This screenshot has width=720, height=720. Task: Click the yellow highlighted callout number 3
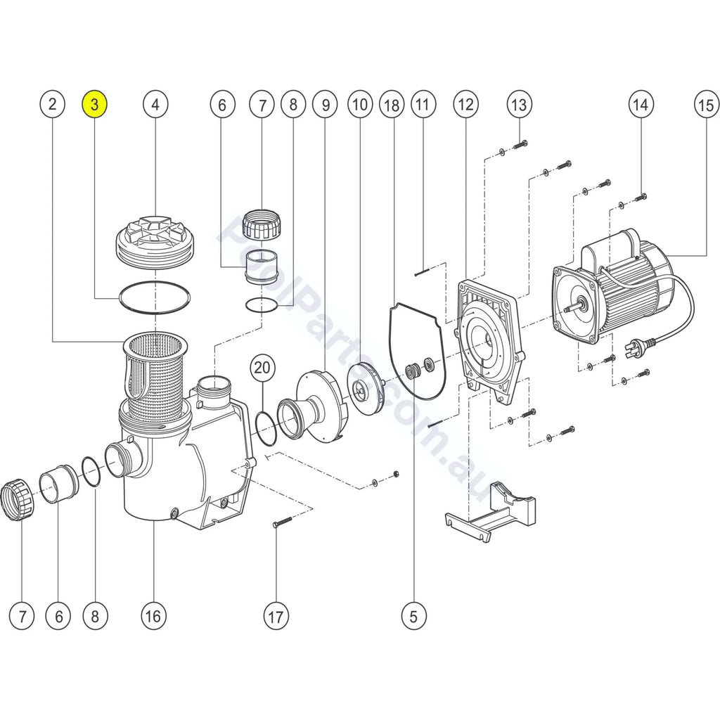[x=95, y=105]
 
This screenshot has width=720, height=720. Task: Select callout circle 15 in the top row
[x=705, y=105]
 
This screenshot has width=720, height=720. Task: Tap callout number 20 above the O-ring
[x=262, y=367]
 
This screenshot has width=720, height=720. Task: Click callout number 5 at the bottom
[x=413, y=617]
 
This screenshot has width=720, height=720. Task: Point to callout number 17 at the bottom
[x=276, y=617]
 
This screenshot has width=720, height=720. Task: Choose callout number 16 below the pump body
[x=153, y=617]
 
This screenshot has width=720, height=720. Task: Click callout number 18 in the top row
[x=392, y=105]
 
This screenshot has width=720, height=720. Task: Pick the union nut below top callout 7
[x=262, y=225]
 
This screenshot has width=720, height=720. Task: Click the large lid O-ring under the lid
[x=155, y=296]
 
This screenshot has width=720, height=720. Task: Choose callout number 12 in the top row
[x=465, y=105]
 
